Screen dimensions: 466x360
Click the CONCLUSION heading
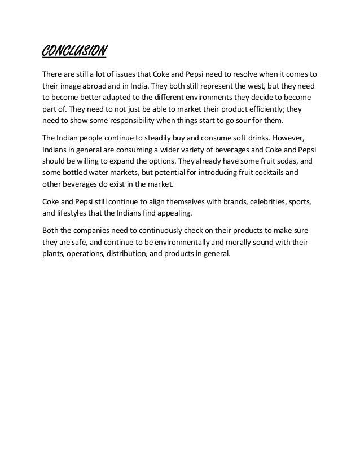tap(74, 53)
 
